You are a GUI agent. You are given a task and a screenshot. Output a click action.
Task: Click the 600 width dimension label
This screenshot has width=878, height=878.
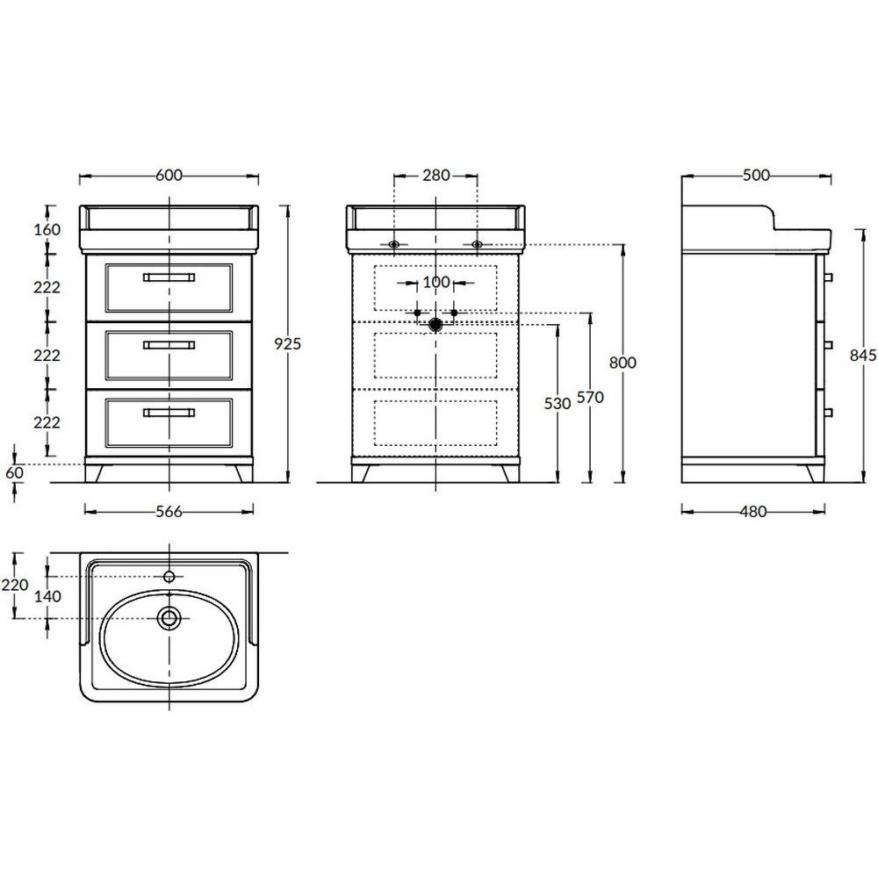coord(169,176)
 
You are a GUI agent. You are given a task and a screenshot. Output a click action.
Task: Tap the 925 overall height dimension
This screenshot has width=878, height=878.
coord(287,343)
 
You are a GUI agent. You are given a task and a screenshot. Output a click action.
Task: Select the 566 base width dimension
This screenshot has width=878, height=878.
coord(169,511)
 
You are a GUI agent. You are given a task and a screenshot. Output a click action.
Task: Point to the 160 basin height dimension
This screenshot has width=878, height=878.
coord(47,229)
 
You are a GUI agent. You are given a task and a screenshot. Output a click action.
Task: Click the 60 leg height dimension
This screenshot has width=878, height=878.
coord(15,472)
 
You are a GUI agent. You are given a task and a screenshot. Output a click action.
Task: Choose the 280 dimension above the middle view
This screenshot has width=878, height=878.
coord(436,176)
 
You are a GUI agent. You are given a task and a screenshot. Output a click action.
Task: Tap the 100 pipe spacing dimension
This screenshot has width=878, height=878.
coord(436,282)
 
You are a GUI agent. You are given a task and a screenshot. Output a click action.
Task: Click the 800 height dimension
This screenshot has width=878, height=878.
coord(623,363)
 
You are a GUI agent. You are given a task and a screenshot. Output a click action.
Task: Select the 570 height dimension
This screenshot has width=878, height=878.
coord(590,397)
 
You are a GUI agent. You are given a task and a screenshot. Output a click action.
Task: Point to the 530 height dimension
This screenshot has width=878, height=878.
coord(558,403)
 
